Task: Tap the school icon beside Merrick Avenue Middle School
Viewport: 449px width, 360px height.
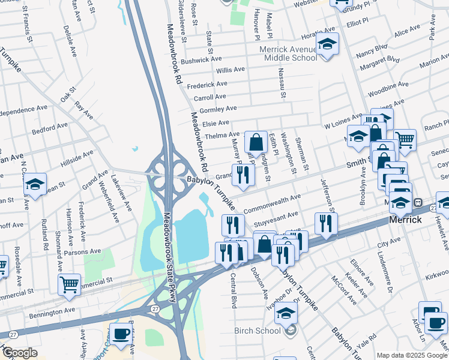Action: pos(328,44)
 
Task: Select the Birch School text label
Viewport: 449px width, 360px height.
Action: pos(259,331)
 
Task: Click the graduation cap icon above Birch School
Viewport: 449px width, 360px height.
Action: pos(288,313)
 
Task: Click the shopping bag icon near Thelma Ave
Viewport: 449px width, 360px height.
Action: pos(256,143)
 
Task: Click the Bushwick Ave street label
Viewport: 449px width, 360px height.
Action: pos(201,61)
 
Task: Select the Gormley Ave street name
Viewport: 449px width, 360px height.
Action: pos(218,109)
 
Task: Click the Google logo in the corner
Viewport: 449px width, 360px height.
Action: pos(20,353)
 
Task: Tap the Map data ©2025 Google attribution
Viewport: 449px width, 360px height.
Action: pos(411,355)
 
